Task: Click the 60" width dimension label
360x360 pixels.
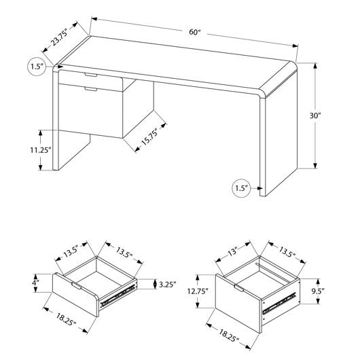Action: click(x=195, y=32)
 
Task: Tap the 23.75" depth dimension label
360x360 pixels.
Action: click(x=59, y=37)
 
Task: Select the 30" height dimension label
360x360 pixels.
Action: click(x=314, y=115)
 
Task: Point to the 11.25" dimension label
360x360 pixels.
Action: click(x=40, y=150)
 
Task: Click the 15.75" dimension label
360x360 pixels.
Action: click(x=149, y=137)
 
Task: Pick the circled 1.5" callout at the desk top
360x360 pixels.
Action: click(x=37, y=67)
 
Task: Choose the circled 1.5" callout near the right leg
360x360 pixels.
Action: click(x=241, y=188)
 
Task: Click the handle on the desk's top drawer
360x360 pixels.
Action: click(x=91, y=75)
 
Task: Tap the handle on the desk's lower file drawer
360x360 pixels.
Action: click(x=91, y=89)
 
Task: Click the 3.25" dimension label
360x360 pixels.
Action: click(x=168, y=285)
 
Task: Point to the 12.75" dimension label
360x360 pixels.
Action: click(x=198, y=291)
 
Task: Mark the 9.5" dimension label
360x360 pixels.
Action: click(x=318, y=291)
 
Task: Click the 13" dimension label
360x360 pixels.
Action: click(x=232, y=252)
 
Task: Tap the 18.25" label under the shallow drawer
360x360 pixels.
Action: click(x=66, y=319)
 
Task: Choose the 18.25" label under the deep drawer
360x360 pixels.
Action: click(x=229, y=336)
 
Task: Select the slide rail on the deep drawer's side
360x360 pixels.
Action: click(x=279, y=303)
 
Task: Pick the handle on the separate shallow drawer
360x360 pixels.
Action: click(x=76, y=285)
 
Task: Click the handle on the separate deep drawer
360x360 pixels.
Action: click(x=239, y=288)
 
